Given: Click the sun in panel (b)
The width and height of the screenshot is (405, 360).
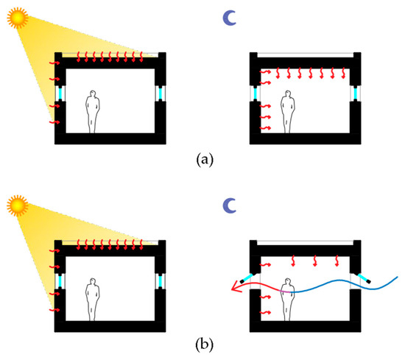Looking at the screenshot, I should (x=16, y=202).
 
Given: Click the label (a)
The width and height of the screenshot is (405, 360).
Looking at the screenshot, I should (x=201, y=158).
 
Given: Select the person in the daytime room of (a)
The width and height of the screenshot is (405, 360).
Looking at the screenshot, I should (x=92, y=111).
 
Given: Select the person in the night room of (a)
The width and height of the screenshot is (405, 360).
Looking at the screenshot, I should (x=286, y=111).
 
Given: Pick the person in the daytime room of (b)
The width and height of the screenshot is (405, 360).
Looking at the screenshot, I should (x=92, y=299).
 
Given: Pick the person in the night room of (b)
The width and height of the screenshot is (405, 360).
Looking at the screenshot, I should (x=286, y=297).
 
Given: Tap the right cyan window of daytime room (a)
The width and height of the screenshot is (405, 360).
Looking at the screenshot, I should (x=161, y=93).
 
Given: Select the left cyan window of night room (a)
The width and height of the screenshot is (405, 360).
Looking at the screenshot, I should (x=255, y=95).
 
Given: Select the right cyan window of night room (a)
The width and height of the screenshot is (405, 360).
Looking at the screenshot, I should (x=357, y=95).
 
